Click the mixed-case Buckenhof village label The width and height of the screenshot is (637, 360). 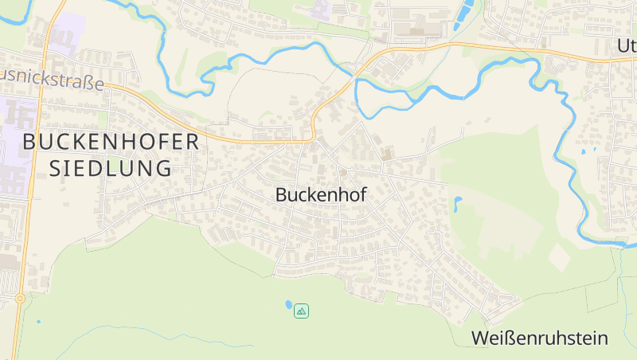click(321, 194)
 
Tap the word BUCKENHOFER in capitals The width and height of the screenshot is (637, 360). click(111, 142)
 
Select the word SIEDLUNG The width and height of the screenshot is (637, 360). click(111, 169)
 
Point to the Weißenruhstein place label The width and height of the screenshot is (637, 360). click(539, 338)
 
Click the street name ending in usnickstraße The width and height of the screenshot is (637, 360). click(52, 81)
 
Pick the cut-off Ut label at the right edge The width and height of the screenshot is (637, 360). click(626, 45)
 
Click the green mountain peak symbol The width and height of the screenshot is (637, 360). click(301, 311)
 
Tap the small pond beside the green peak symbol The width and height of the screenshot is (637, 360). click(287, 304)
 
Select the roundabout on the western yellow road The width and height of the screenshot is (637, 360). click(19, 299)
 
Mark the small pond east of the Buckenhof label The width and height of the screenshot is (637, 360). click(458, 202)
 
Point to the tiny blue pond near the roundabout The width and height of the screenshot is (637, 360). click(37, 322)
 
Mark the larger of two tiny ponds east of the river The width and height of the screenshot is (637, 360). click(594, 148)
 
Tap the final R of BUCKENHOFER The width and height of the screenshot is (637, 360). click(190, 142)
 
